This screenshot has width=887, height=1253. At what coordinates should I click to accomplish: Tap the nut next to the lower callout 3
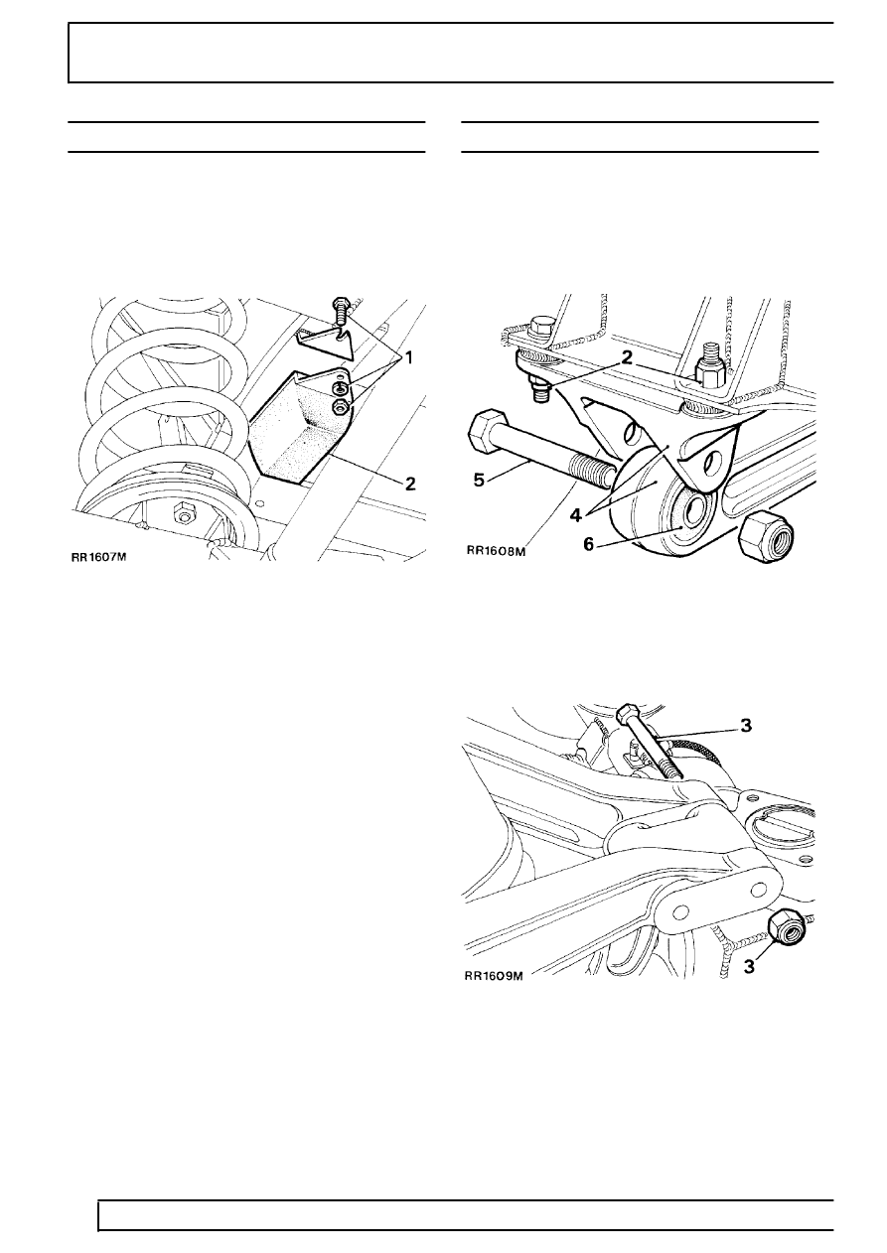point(785,929)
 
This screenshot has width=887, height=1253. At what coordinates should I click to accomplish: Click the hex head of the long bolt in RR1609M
point(627,713)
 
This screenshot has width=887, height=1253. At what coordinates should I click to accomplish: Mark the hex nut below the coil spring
point(183,512)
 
